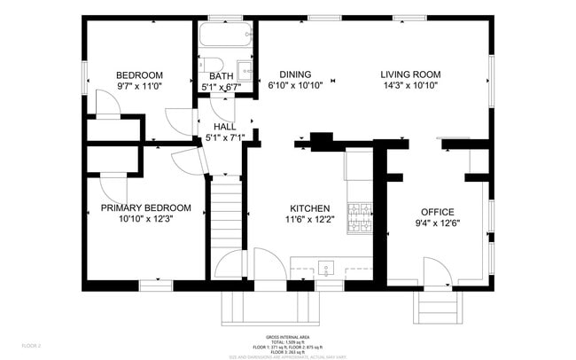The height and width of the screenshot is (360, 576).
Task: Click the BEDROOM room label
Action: (x=140, y=74)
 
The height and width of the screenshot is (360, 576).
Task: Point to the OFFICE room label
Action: (x=437, y=212)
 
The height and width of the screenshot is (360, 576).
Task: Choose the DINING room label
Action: (x=294, y=74)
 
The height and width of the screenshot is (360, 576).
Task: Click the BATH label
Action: (x=221, y=76)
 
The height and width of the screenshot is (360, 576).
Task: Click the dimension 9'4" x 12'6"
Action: (x=437, y=223)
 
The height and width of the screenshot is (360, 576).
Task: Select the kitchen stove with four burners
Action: (x=359, y=216)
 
